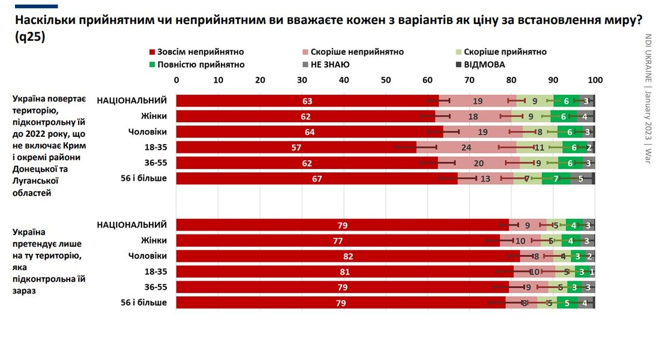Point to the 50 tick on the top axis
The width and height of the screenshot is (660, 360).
pos(386,80)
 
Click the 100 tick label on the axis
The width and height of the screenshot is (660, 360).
pos(595,80)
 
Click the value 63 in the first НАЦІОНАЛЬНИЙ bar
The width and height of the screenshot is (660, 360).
pos(307,101)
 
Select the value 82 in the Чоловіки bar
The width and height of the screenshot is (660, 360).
pos(347,256)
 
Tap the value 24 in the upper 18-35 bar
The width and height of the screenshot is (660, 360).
pos(466,148)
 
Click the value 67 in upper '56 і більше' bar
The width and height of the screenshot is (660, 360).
pos(317,179)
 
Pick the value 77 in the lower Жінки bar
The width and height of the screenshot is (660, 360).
pos(337,240)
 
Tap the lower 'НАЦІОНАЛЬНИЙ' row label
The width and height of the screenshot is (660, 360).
pos(131,224)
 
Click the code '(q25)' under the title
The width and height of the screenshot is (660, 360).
pos(29,37)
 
